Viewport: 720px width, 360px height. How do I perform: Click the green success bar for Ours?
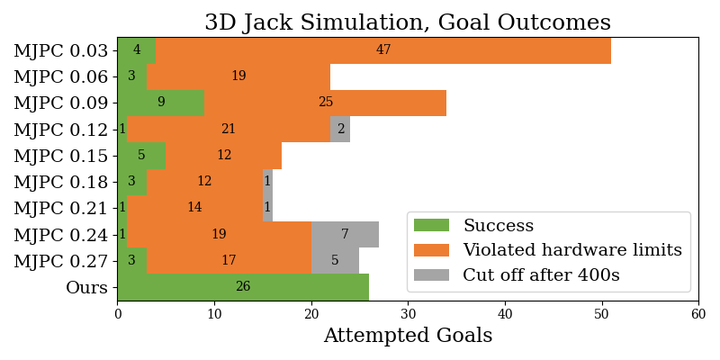pos(243,287)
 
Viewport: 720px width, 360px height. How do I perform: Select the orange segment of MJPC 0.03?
pos(383,50)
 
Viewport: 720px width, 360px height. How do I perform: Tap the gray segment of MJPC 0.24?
pos(346,234)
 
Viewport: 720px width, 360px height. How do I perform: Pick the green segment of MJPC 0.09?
pos(161,103)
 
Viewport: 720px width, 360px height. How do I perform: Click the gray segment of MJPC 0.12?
pos(341,129)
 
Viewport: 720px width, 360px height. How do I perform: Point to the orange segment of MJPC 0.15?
pos(224,155)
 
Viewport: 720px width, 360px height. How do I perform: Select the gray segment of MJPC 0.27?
pos(335,260)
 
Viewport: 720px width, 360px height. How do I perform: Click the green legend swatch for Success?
pos(431,226)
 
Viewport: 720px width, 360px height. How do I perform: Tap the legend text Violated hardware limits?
pos(572,250)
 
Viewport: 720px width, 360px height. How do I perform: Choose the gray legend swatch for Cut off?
pos(431,274)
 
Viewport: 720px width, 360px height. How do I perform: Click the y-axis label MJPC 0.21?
pos(60,208)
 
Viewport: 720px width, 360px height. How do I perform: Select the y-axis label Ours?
pos(86,287)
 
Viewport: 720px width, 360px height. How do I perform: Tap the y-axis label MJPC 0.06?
pos(60,76)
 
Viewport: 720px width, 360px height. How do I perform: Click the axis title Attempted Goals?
pos(408,336)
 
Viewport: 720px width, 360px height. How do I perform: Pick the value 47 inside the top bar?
pos(383,50)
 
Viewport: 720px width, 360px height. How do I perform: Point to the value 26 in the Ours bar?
pos(243,286)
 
